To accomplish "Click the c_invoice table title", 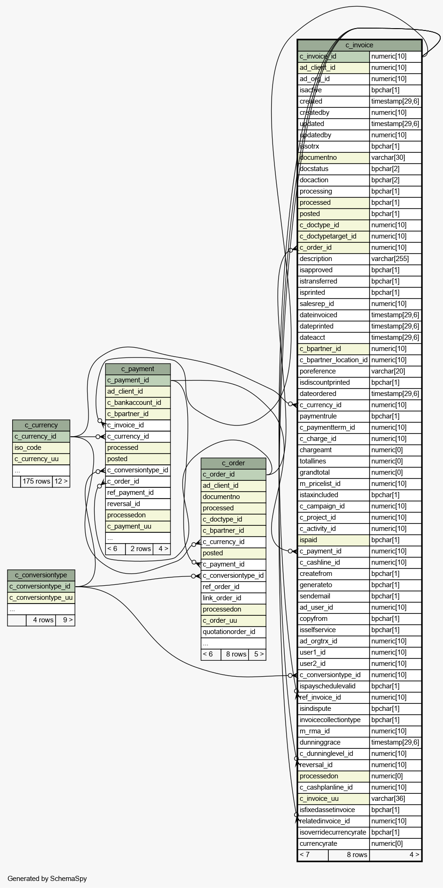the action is (x=359, y=45).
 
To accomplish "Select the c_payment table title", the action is (x=138, y=369).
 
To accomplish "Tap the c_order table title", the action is (x=233, y=463).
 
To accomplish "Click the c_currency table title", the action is (x=41, y=425).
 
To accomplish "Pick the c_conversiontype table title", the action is (x=41, y=575).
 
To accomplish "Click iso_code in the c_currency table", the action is (x=28, y=448).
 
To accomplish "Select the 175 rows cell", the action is (x=37, y=481).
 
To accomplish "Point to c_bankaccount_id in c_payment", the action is (x=134, y=403).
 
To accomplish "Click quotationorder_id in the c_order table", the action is (x=229, y=632).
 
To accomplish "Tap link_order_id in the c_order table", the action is (x=222, y=598).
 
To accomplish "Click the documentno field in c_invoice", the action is (x=318, y=157).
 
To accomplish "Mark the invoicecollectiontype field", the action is (x=330, y=720).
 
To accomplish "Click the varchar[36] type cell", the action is (x=388, y=798).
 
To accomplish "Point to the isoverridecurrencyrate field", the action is (x=333, y=832).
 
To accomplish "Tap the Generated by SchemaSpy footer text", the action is (x=47, y=879).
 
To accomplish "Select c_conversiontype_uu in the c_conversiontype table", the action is (x=41, y=597).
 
